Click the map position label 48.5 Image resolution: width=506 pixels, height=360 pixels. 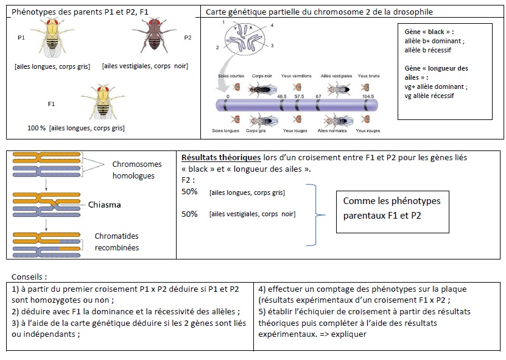click(282, 96)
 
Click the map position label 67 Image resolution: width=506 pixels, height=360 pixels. click(318, 96)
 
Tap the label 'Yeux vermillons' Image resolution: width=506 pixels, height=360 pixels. click(297, 76)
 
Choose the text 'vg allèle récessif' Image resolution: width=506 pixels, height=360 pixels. click(432, 96)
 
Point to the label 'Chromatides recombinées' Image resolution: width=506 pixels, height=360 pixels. click(117, 241)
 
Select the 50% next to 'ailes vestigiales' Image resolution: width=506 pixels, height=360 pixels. click(189, 214)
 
